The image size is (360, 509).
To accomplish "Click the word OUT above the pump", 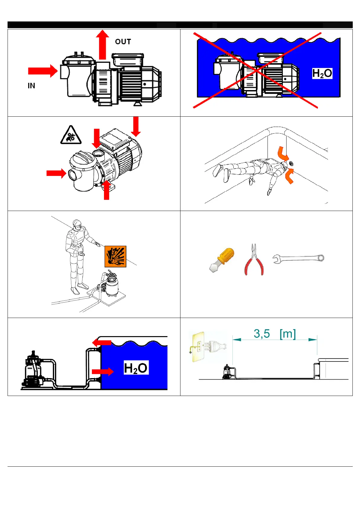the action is [x=123, y=42].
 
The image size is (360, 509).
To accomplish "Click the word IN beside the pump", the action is [x=31, y=86].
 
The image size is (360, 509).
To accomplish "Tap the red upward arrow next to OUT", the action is [x=102, y=45].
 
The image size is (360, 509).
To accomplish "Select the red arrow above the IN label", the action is [x=43, y=71].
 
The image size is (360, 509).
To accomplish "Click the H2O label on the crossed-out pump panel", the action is [x=322, y=73].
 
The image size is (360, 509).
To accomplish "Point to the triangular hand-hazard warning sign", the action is [x=71, y=135].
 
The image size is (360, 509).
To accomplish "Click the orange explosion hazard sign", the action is [x=115, y=256].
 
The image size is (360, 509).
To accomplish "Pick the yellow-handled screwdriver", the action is [x=222, y=260].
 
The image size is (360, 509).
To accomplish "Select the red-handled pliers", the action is [x=254, y=260].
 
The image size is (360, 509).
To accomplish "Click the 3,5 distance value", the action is [x=262, y=334].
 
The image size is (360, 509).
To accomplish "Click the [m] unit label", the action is [x=287, y=334].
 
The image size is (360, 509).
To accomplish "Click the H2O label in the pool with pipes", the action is [x=136, y=368].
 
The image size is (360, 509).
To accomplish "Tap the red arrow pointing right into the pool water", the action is [x=102, y=371].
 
